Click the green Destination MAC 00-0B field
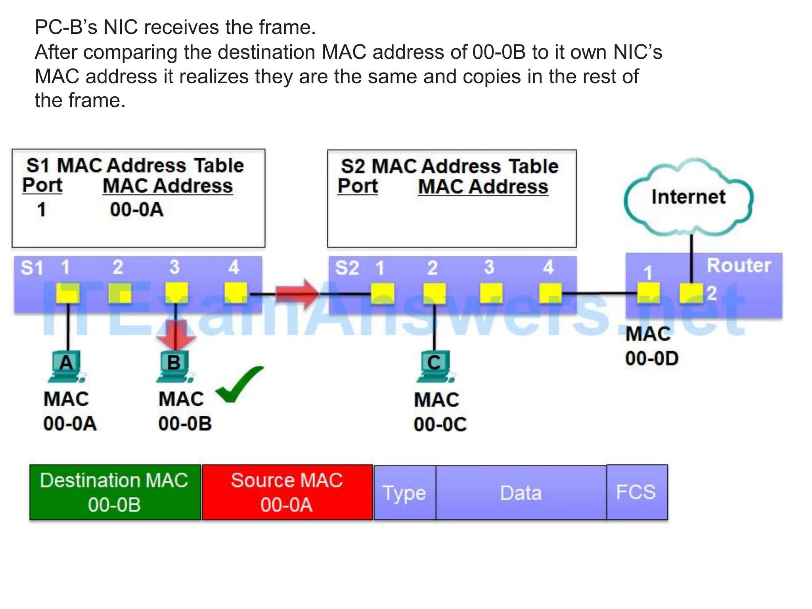coord(115,492)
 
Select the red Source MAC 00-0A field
coord(287,492)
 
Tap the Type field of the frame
coord(404,493)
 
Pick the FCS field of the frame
coord(637,492)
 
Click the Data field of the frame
coord(521,493)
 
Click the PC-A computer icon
coord(67,367)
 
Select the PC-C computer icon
coord(435,367)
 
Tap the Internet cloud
coord(688,197)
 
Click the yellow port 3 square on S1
coord(176,293)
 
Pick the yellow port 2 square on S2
coord(435,294)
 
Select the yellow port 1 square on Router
coord(648,293)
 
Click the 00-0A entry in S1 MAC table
coord(136,210)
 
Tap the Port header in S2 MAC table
coord(358,186)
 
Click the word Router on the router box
coord(739,265)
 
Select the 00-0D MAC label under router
coord(652,358)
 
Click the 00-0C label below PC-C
coord(440,424)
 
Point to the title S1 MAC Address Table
coord(135,165)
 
